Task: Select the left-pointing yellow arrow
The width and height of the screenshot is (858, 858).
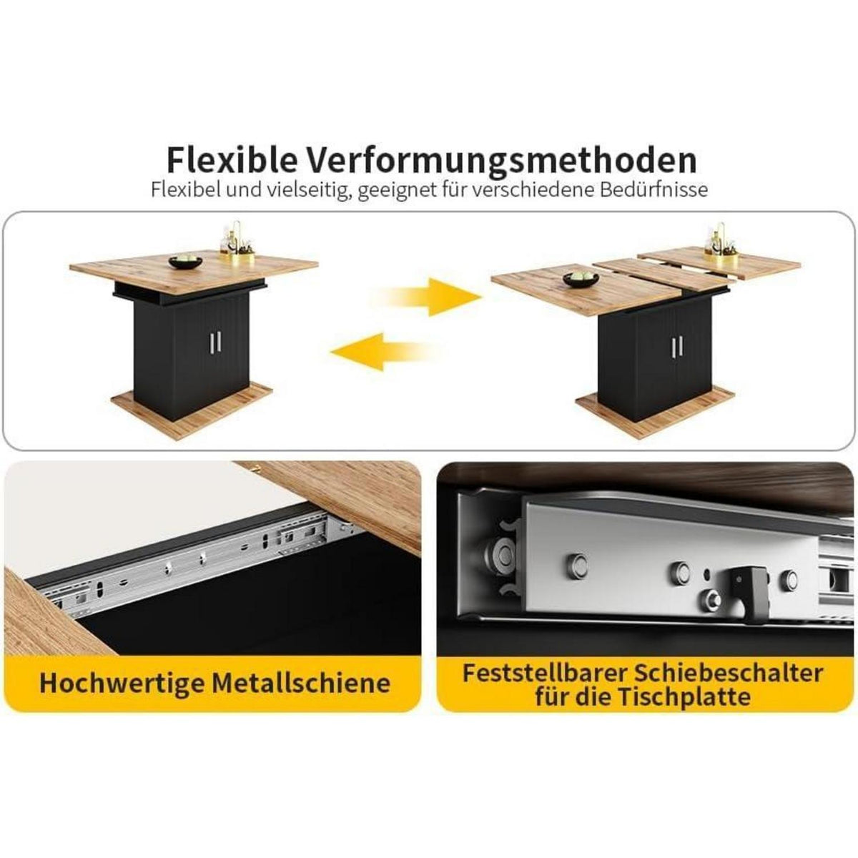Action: (380, 351)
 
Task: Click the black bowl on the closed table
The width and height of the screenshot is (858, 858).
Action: (186, 262)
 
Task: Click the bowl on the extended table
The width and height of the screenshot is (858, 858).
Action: (581, 278)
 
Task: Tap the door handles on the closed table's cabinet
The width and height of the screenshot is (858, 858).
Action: (214, 342)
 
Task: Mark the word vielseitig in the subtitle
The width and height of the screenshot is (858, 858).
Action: (307, 190)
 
